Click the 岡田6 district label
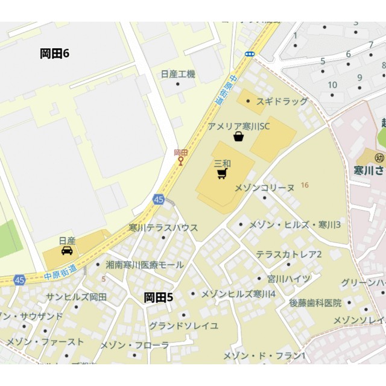55,54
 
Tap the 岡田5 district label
159,297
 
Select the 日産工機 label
178,74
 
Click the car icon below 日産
67,250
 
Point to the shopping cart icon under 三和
222,174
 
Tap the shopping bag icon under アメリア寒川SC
239,137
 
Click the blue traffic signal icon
250,54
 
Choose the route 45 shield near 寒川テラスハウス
159,200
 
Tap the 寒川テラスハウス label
163,228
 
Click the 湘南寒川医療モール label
145,264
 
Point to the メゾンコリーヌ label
264,188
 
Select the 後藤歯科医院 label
315,303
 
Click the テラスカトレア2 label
289,255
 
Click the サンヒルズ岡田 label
77,297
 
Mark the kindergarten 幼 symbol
379,157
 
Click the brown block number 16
305,185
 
